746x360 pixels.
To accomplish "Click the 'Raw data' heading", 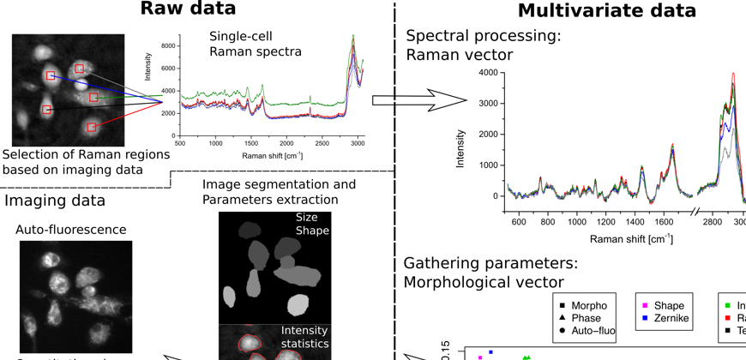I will pyautogui.click(x=188, y=9).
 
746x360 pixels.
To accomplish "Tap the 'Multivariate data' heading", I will pyautogui.click(x=607, y=10).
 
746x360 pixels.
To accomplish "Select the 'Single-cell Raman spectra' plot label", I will pyautogui.click(x=255, y=44).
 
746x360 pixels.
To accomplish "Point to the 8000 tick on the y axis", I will pyautogui.click(x=170, y=45).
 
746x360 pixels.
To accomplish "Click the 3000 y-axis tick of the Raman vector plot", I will pyautogui.click(x=486, y=103).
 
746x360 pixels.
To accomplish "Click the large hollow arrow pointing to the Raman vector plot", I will pyautogui.click(x=420, y=100).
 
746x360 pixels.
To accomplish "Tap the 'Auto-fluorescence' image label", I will pyautogui.click(x=71, y=230).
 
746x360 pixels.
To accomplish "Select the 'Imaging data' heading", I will pyautogui.click(x=55, y=201).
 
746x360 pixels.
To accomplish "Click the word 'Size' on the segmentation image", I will pyautogui.click(x=306, y=218).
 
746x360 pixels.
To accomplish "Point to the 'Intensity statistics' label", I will pyautogui.click(x=304, y=337).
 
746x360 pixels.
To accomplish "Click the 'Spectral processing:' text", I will pyautogui.click(x=483, y=37).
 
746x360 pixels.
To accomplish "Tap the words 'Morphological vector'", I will pyautogui.click(x=484, y=281).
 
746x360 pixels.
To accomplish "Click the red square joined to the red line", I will pyautogui.click(x=90, y=127).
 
